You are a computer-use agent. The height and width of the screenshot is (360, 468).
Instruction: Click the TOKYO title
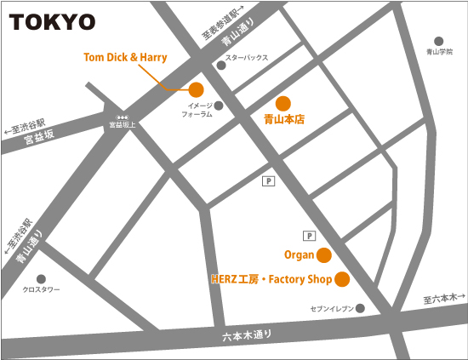(x=53, y=20)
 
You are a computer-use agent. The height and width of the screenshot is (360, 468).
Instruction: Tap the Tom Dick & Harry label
(x=125, y=57)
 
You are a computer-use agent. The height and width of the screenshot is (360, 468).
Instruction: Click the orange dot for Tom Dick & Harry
(x=196, y=89)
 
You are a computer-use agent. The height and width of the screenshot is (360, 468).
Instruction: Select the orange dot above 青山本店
(x=283, y=103)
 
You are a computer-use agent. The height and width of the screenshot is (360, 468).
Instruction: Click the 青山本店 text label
(x=283, y=121)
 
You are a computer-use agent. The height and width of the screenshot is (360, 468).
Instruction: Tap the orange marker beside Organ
(x=323, y=254)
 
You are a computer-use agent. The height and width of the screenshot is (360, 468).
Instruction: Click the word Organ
(x=299, y=254)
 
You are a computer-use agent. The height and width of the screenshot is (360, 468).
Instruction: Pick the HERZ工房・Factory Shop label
(x=270, y=278)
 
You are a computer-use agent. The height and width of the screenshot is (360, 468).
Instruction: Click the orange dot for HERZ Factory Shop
(x=342, y=278)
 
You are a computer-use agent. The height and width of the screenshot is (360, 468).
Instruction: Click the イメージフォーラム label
(x=195, y=111)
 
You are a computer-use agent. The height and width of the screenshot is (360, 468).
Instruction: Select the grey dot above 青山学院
(x=439, y=41)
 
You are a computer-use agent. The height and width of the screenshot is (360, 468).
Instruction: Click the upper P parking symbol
(x=269, y=180)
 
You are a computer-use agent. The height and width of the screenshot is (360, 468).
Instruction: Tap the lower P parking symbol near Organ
(x=309, y=236)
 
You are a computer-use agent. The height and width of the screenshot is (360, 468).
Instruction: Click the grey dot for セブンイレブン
(x=360, y=308)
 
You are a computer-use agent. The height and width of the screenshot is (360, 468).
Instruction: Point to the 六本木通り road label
(x=247, y=338)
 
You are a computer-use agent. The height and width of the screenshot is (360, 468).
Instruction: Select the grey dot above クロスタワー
(x=40, y=278)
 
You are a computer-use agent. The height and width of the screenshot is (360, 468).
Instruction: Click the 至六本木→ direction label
(x=445, y=299)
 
